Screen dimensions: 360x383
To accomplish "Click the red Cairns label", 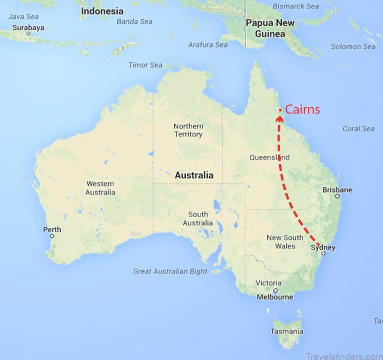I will coord(302,110).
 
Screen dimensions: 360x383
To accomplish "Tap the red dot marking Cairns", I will coord(280,111).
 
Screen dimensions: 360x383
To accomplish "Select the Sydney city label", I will coord(323,247).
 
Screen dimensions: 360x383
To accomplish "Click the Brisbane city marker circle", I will coord(338,196).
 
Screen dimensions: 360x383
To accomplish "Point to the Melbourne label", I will coord(275,297).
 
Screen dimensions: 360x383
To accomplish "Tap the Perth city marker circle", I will coord(52,236).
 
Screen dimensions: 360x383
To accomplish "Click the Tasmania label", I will coord(286,331).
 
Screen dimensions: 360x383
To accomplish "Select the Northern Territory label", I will coord(188,130).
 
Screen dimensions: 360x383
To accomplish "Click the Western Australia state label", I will coord(101,188).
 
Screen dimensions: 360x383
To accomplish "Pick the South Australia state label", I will coord(198,219).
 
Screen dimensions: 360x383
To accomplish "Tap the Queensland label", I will coord(270,157).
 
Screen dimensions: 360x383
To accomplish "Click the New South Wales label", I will coord(285,242).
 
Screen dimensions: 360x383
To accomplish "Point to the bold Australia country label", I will coord(194,175).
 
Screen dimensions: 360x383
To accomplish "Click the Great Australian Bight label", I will coord(170,271).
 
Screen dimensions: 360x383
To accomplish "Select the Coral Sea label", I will coord(358,129).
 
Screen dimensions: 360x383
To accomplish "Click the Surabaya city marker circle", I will coord(28,34).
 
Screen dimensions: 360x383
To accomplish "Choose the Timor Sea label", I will coord(145,65).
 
